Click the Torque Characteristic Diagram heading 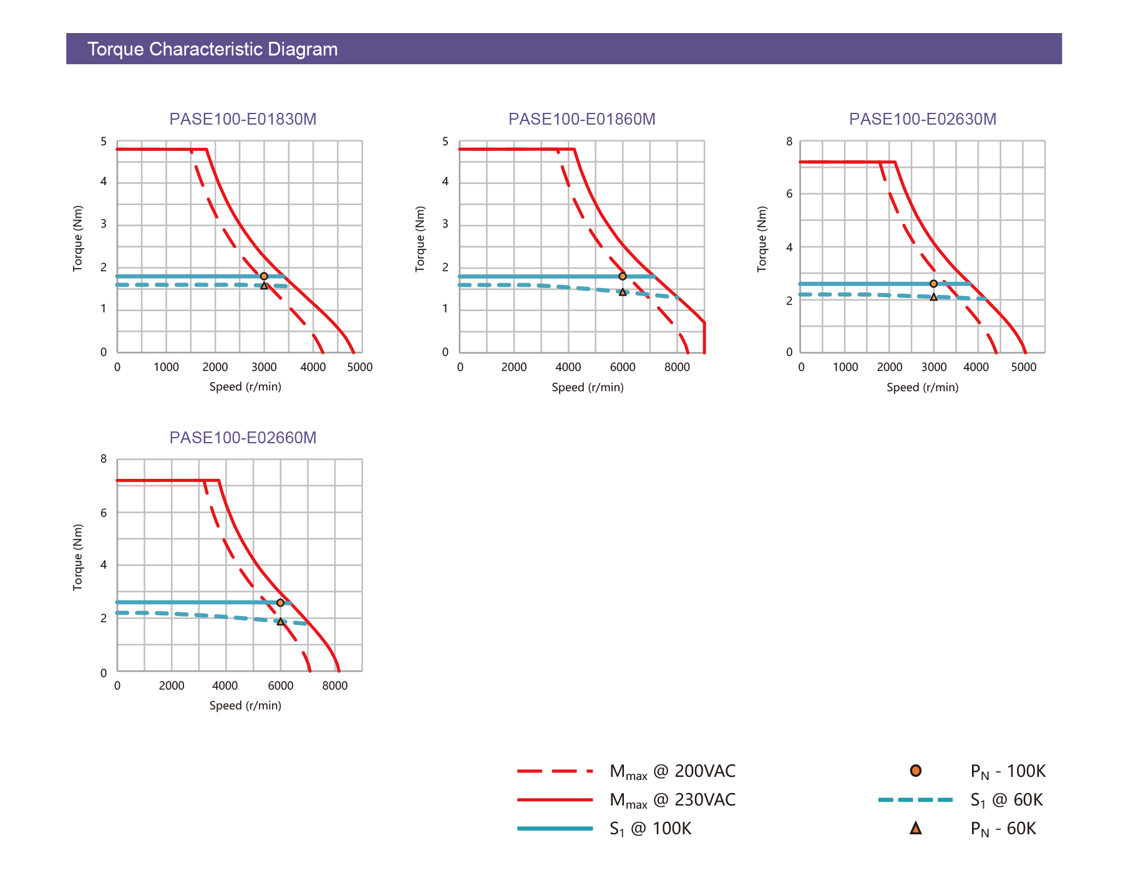pos(212,49)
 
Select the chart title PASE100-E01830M pos(243,119)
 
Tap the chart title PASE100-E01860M pos(581,119)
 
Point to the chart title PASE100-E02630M pos(922,119)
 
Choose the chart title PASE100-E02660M pos(243,438)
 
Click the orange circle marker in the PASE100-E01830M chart pos(264,276)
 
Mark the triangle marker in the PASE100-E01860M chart pos(623,292)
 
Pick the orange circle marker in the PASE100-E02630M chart pos(933,284)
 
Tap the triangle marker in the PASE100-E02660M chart pos(281,622)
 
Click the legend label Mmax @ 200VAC pos(673,772)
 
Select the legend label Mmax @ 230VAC pos(673,801)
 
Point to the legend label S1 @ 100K pos(650,829)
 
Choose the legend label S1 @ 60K pos(1006,801)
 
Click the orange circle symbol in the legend pos(915,771)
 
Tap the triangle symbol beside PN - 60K pos(915,829)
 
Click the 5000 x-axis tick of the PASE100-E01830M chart pos(360,367)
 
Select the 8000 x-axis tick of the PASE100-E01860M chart pos(677,367)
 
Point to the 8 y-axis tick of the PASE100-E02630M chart pos(789,142)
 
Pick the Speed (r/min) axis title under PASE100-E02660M pos(245,706)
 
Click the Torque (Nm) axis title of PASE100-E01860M pos(420,239)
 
